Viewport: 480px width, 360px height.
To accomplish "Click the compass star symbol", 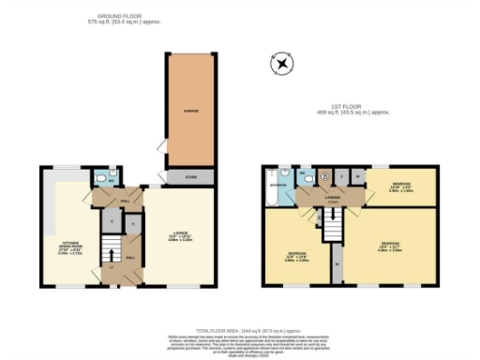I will point(281,65).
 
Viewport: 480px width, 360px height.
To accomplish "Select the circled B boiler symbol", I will point(324,175).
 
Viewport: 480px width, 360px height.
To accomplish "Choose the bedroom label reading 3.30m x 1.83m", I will point(401,186).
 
